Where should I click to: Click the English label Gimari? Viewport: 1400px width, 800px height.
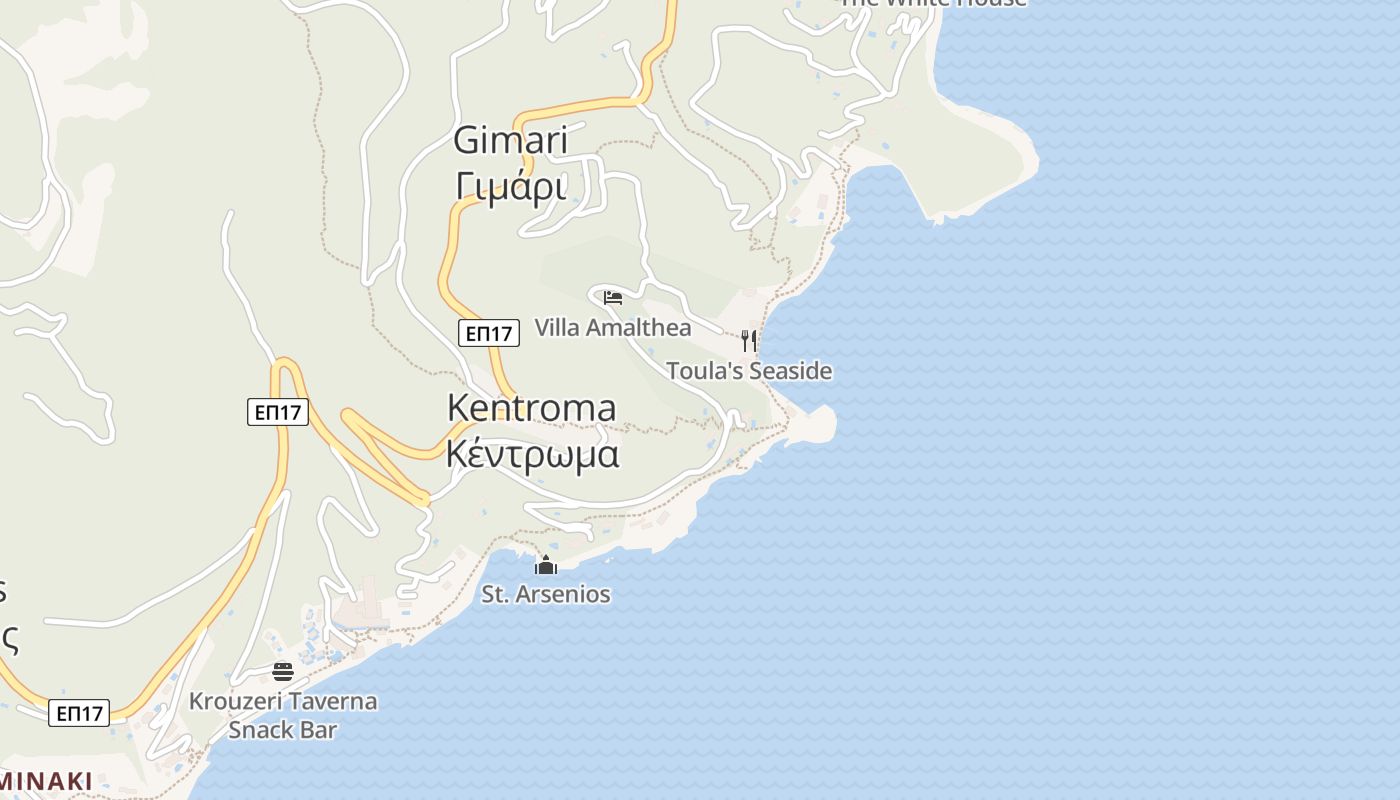click(x=510, y=140)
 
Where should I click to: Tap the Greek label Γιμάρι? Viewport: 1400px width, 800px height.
click(x=510, y=186)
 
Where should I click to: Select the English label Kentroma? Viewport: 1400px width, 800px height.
click(x=531, y=408)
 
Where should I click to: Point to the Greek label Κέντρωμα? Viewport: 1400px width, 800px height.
click(x=532, y=454)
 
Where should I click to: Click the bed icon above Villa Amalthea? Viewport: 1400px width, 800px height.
click(x=613, y=298)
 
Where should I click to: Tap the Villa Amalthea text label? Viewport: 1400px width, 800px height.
click(x=612, y=327)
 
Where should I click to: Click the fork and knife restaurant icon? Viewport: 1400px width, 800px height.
click(x=749, y=340)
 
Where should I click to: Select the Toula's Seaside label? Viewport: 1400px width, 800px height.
click(x=749, y=371)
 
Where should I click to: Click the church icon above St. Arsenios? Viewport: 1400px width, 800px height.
click(x=546, y=565)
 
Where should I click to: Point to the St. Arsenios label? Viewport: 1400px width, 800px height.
click(x=546, y=594)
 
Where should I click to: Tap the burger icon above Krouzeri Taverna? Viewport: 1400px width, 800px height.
click(x=283, y=671)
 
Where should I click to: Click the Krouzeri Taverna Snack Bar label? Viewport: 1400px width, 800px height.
click(x=283, y=714)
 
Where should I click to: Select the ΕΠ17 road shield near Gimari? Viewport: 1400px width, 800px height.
click(x=489, y=334)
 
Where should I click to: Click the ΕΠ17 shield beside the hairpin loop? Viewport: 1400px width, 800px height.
click(x=278, y=411)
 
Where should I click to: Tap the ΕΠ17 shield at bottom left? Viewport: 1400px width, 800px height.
click(x=79, y=713)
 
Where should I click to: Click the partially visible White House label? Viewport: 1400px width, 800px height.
click(x=932, y=3)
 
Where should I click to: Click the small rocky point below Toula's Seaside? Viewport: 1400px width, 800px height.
click(x=814, y=424)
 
